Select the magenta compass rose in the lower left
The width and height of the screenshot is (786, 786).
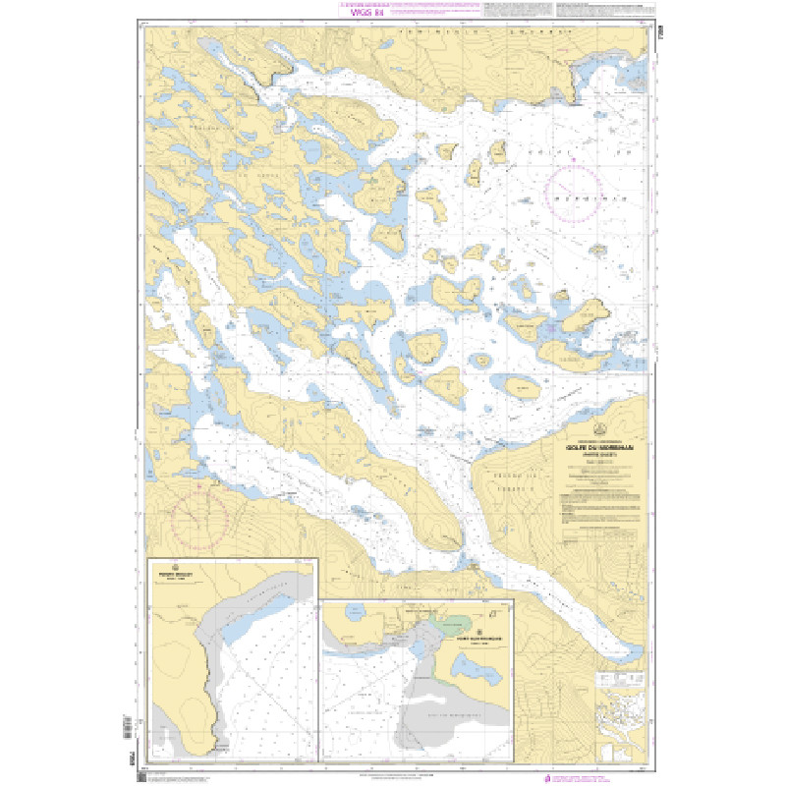[x=199, y=517]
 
